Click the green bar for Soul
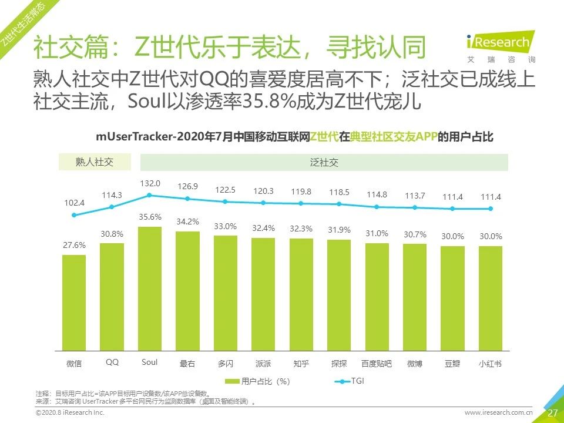pos(149,288)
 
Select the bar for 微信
pos(74,302)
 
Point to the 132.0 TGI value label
pos(150,184)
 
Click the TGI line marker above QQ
pos(112,206)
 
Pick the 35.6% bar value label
pos(150,217)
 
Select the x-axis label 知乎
pos(301,363)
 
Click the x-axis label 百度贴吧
pos(377,363)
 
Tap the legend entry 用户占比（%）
pos(262,381)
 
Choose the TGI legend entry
pos(350,381)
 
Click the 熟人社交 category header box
pos(95,162)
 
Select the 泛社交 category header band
pos(324,162)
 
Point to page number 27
pos(552,413)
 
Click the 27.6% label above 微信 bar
pos(74,245)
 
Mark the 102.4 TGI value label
pos(74,203)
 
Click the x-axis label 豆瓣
pos(452,363)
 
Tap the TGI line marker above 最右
pos(187,199)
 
